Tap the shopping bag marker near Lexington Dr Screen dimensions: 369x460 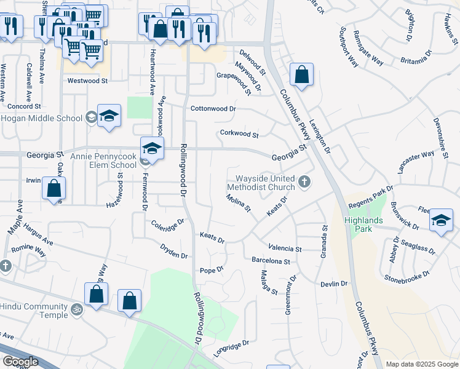pos(301,76)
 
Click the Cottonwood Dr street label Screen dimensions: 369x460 pos(213,108)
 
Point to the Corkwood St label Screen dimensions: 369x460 pos(239,133)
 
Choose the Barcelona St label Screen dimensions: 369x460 pos(270,261)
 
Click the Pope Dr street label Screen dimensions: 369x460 pos(211,270)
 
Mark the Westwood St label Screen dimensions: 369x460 pos(87,81)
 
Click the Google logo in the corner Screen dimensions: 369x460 pos(20,362)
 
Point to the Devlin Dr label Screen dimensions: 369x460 pos(334,284)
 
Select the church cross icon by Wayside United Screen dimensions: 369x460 pos(304,181)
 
